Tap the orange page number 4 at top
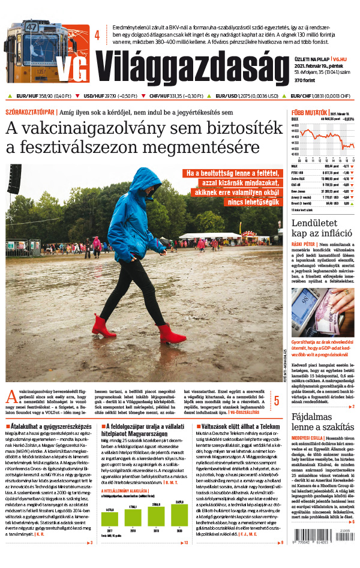[x=97, y=35]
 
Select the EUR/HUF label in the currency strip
[x=28, y=95]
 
